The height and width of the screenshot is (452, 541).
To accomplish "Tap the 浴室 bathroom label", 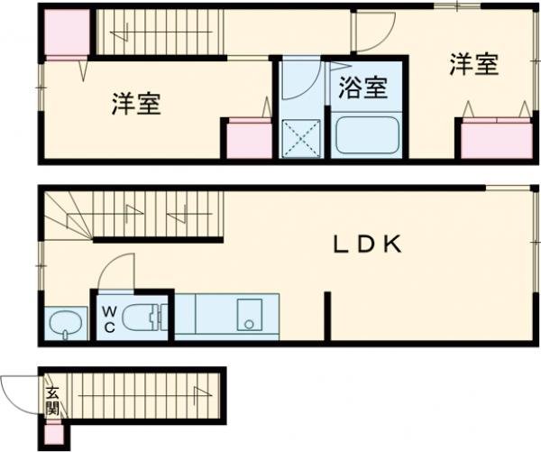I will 363,88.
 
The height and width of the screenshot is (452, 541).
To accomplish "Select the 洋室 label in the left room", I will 136,105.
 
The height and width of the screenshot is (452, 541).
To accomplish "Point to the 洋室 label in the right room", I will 474,65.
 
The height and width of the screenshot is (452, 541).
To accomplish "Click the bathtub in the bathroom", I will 367,137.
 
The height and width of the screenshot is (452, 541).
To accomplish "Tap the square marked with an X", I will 300,138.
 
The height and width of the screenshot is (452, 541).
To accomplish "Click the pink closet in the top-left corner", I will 65,33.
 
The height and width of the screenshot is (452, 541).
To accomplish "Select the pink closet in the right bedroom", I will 496,139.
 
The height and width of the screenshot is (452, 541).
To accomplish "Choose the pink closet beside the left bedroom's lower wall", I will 246,141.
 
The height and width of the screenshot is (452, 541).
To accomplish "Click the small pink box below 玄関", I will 53,434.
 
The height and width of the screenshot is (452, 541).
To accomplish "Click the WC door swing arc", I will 115,270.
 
